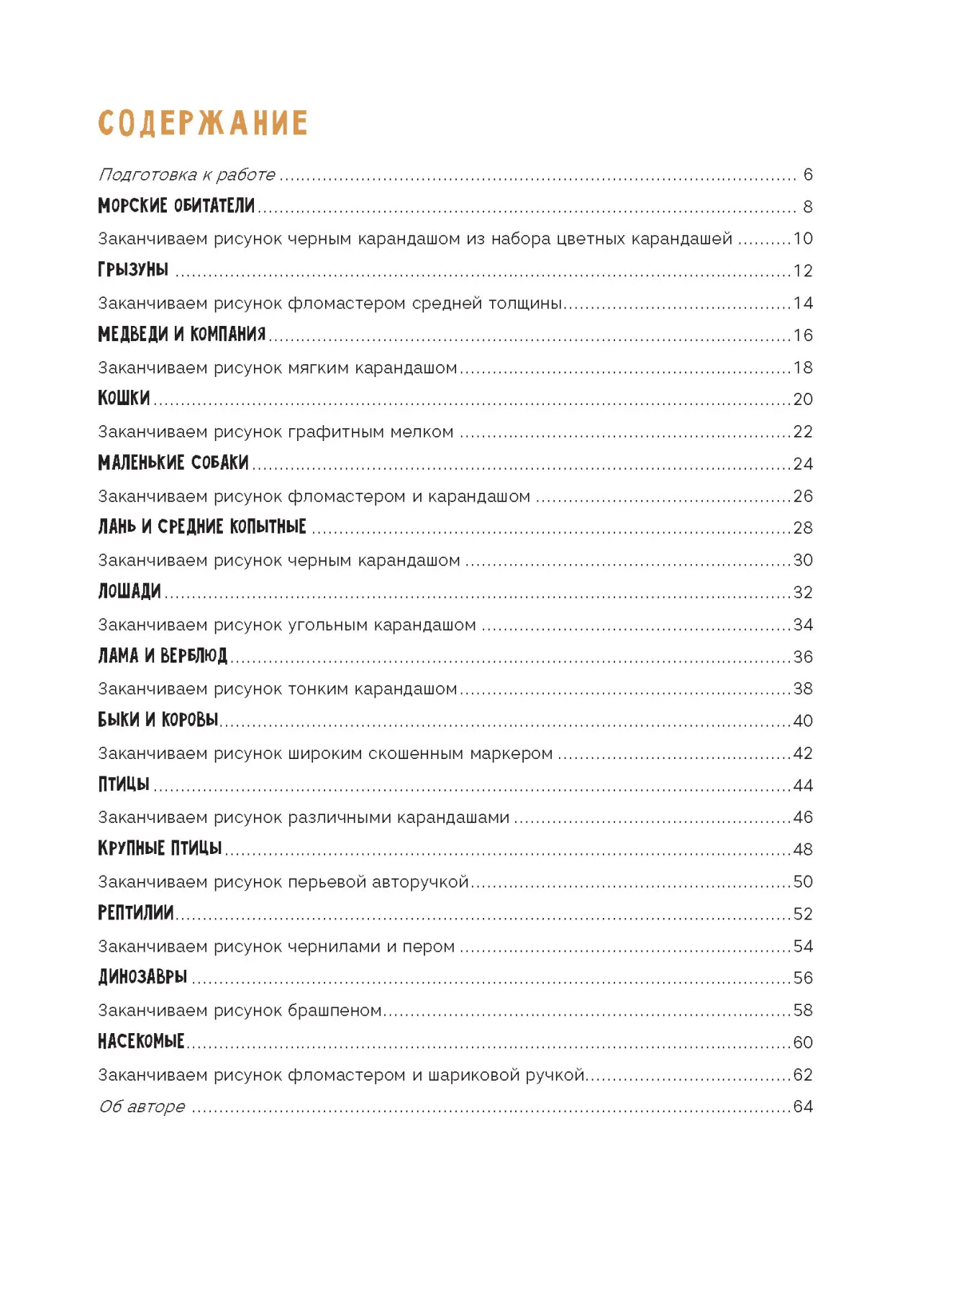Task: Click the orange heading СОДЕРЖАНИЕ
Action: [203, 123]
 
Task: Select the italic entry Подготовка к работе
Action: [186, 175]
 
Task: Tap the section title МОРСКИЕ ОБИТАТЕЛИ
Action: [176, 206]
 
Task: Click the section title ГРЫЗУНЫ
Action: [133, 271]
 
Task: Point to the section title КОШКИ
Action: [124, 399]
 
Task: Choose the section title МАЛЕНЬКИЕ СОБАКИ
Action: [173, 463]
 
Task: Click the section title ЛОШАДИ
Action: [129, 592]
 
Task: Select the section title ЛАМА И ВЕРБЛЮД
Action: [163, 656]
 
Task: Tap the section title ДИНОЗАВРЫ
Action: [142, 978]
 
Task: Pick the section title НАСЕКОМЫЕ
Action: [141, 1042]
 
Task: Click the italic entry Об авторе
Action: [142, 1107]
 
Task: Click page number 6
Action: [808, 175]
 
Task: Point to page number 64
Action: [803, 1107]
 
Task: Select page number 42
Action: [803, 753]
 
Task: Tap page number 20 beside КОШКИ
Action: [803, 399]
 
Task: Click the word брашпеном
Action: [335, 1010]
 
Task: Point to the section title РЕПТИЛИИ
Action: [136, 914]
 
